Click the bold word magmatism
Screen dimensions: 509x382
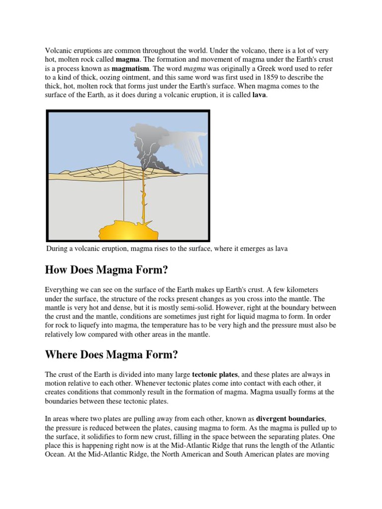tap(129, 69)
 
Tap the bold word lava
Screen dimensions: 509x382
tap(259, 95)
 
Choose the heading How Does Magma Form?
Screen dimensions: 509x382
tap(106, 270)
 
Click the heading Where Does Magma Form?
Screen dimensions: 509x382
tap(111, 355)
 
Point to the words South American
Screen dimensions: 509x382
tap(248, 454)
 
